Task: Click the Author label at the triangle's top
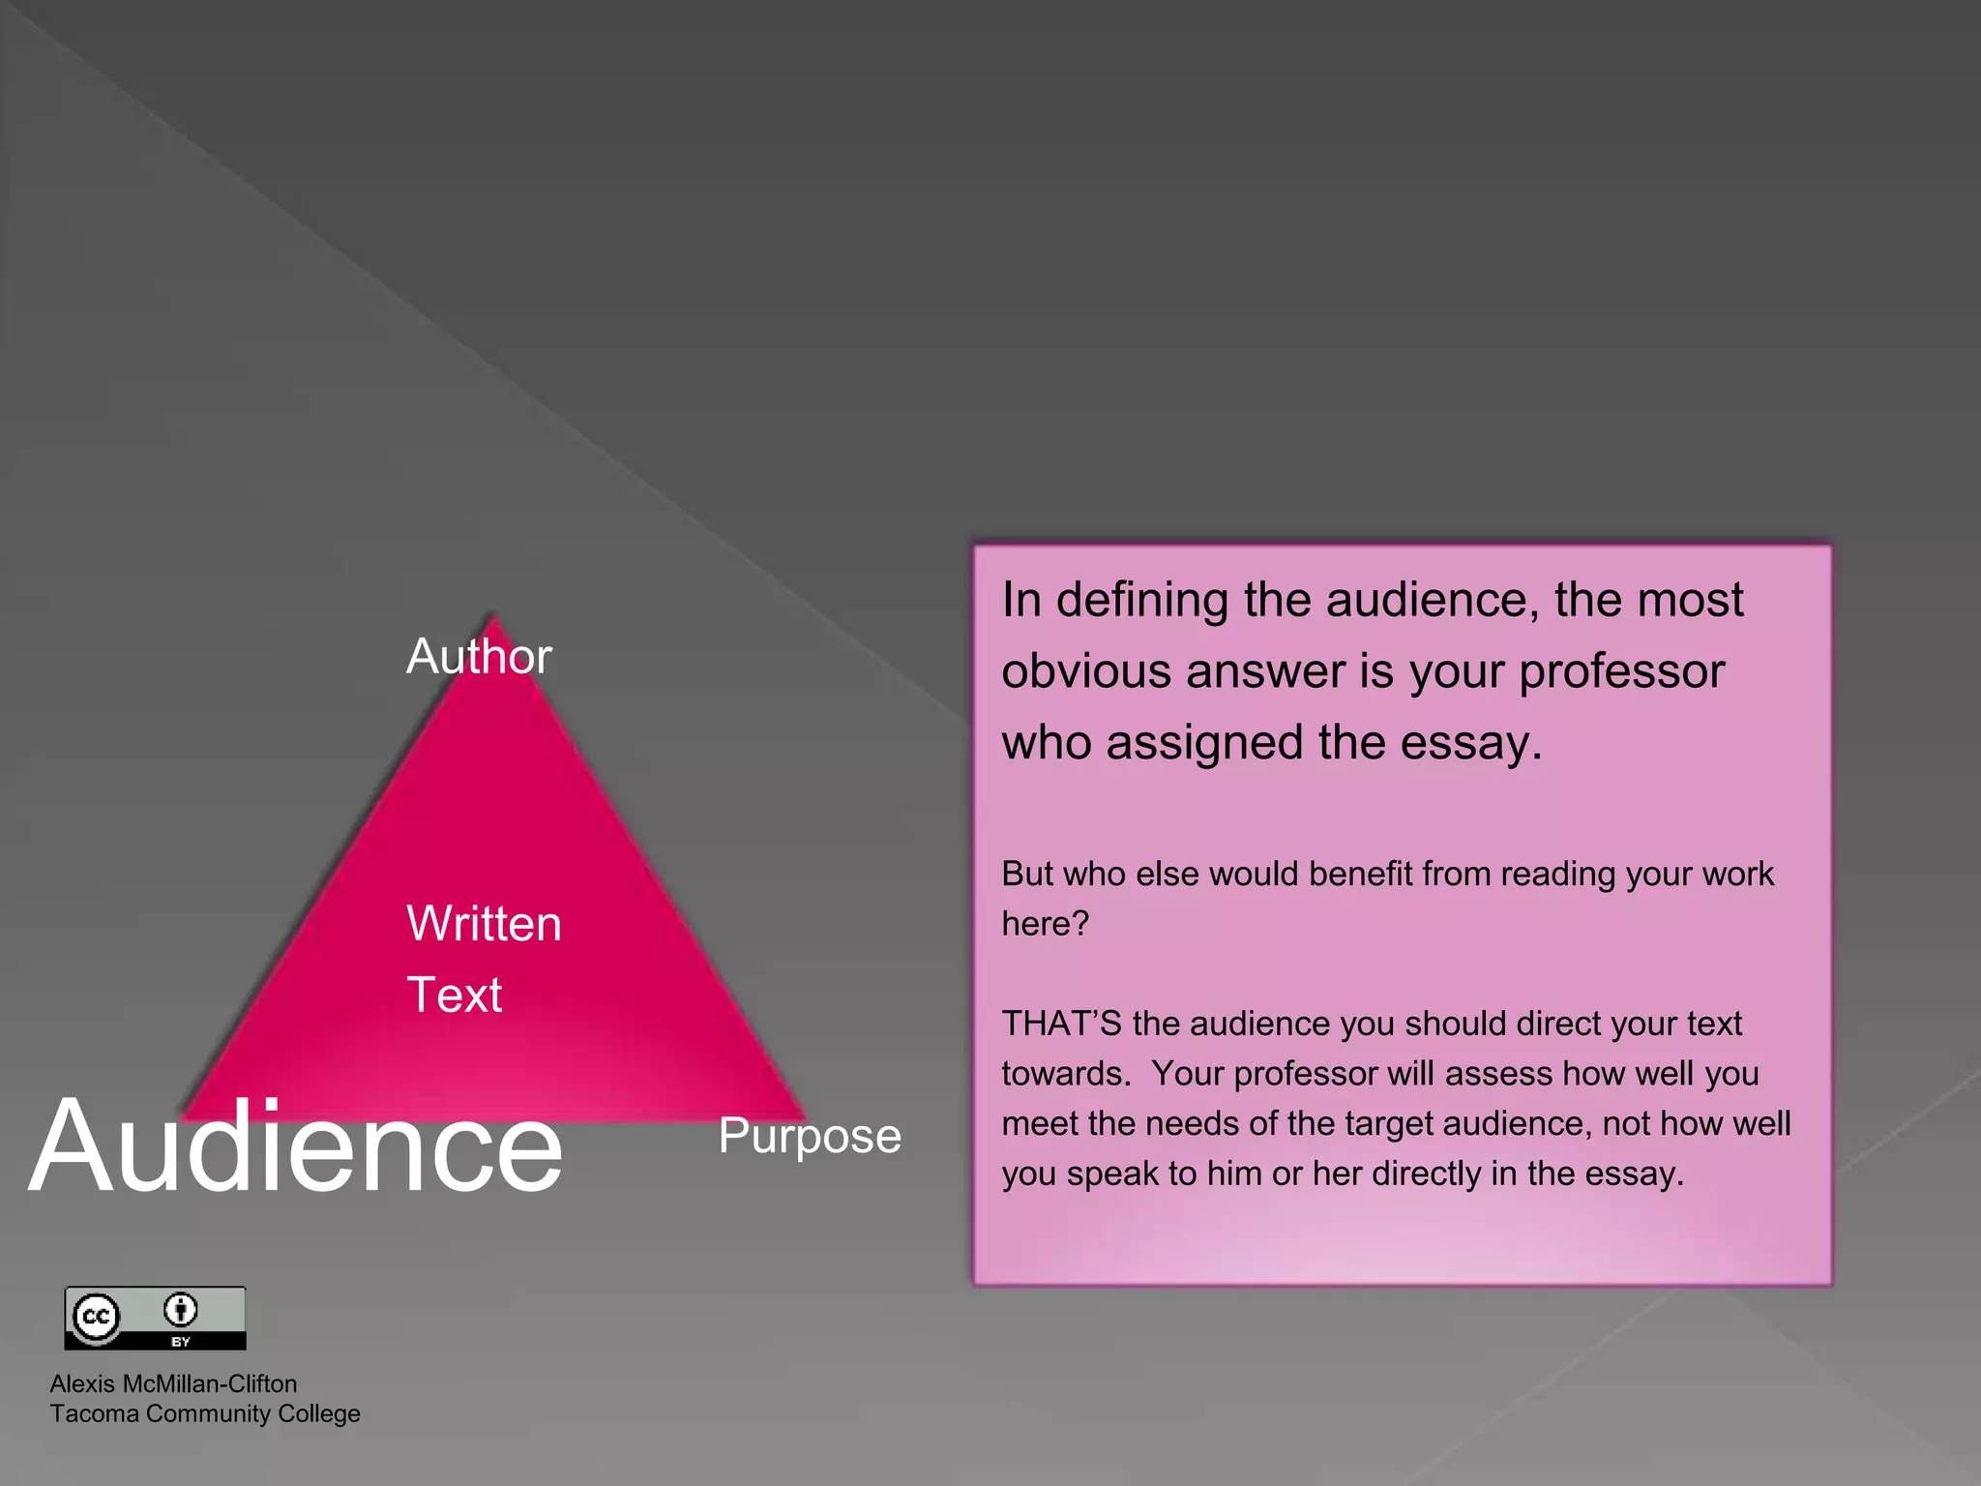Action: point(479,656)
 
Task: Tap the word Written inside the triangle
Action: point(484,923)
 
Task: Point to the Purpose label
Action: point(810,1136)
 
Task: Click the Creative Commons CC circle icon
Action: point(96,1317)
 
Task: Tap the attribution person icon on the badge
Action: point(180,1310)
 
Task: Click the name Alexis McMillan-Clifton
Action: point(173,1383)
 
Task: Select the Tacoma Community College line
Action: point(205,1413)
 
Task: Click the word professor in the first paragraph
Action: point(1622,671)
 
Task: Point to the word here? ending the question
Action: point(1045,924)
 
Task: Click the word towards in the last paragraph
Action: point(1064,1074)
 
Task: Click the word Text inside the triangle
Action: point(454,995)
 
